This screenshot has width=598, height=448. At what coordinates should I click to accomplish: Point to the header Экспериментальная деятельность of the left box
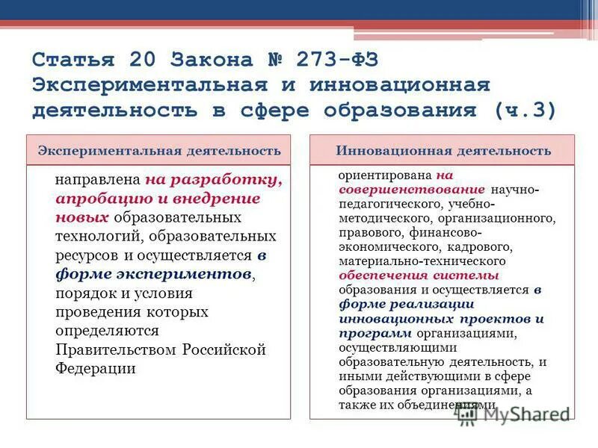159,151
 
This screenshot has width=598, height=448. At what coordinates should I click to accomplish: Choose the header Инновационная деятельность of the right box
443,151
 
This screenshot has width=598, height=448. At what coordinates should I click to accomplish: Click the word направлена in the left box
98,181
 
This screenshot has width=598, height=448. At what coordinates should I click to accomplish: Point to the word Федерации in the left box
95,368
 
